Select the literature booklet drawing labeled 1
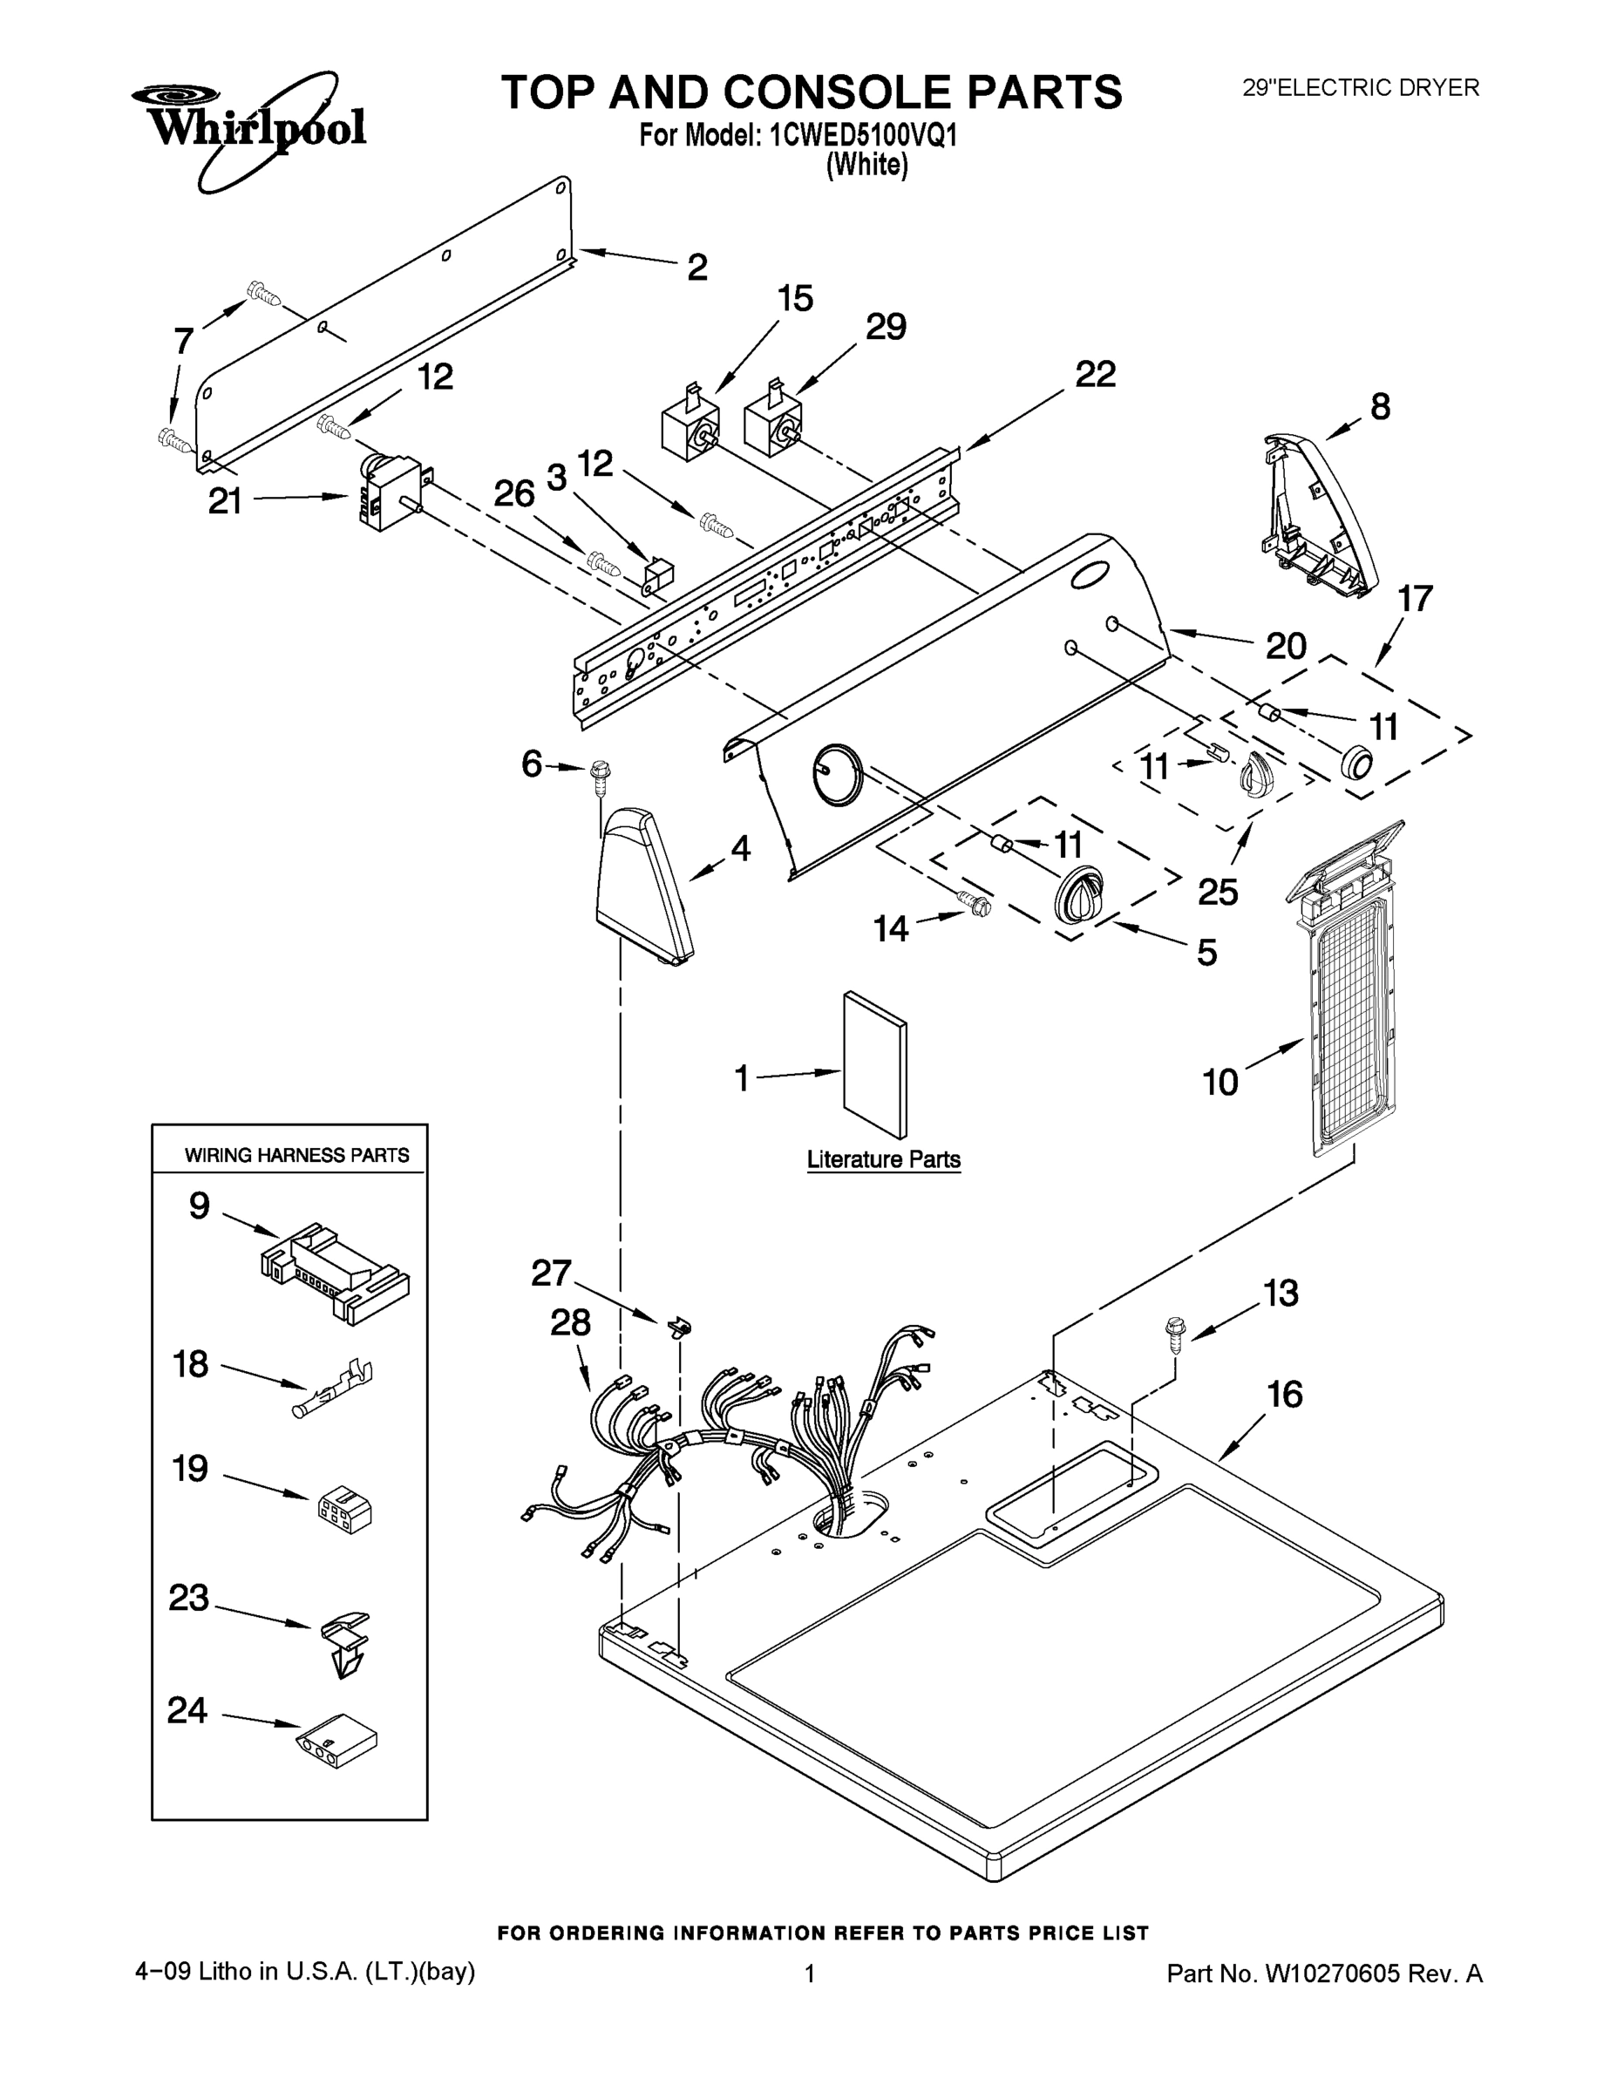pyautogui.click(x=874, y=1065)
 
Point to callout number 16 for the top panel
pyautogui.click(x=1285, y=1395)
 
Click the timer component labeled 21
pyautogui.click(x=388, y=492)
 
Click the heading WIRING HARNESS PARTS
pyautogui.click(x=297, y=1155)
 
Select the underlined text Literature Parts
pyautogui.click(x=883, y=1159)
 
